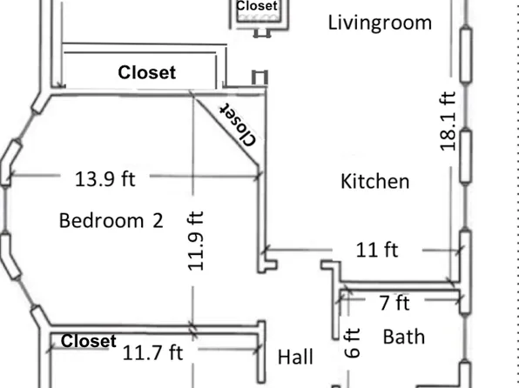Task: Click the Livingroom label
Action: tap(380, 23)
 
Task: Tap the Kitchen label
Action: tap(374, 181)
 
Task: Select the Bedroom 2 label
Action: tap(111, 220)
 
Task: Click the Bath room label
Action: tap(403, 335)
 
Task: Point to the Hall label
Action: tap(295, 356)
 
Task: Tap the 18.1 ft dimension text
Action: tap(448, 121)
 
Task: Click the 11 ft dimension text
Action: tap(378, 250)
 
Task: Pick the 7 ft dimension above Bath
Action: tap(394, 303)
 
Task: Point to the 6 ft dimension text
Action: tap(353, 345)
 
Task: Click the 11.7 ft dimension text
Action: tap(152, 352)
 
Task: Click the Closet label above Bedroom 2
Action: tap(146, 73)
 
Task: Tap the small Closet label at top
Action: tap(257, 6)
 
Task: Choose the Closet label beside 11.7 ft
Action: tap(88, 341)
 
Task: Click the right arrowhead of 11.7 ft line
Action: tap(259, 352)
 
